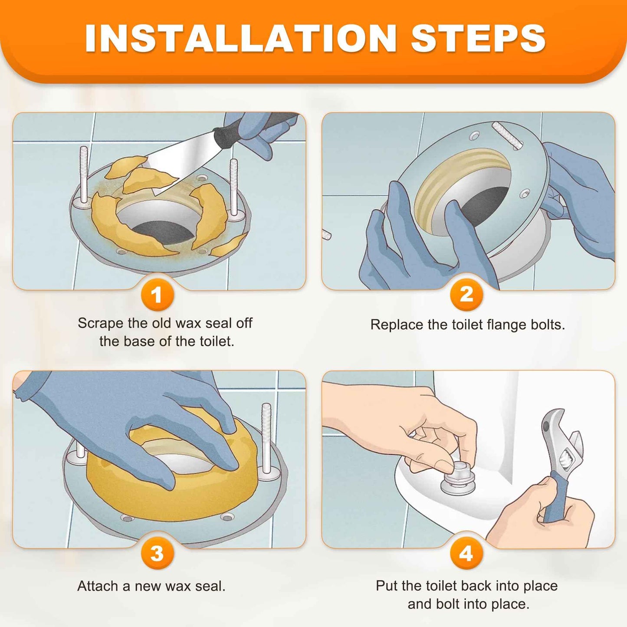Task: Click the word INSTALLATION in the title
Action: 240,38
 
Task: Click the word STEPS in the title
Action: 478,38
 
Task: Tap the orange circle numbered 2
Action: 466,295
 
